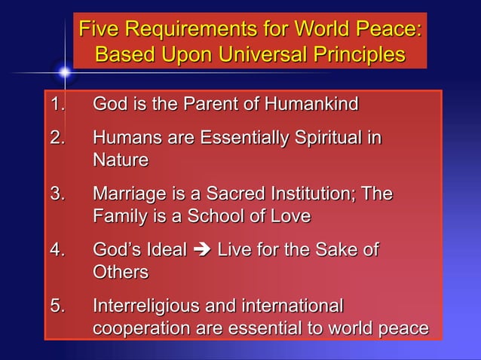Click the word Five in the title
[x=100, y=31]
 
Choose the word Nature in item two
[x=120, y=160]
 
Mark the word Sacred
[x=251, y=194]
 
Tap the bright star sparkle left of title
[x=65, y=72]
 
